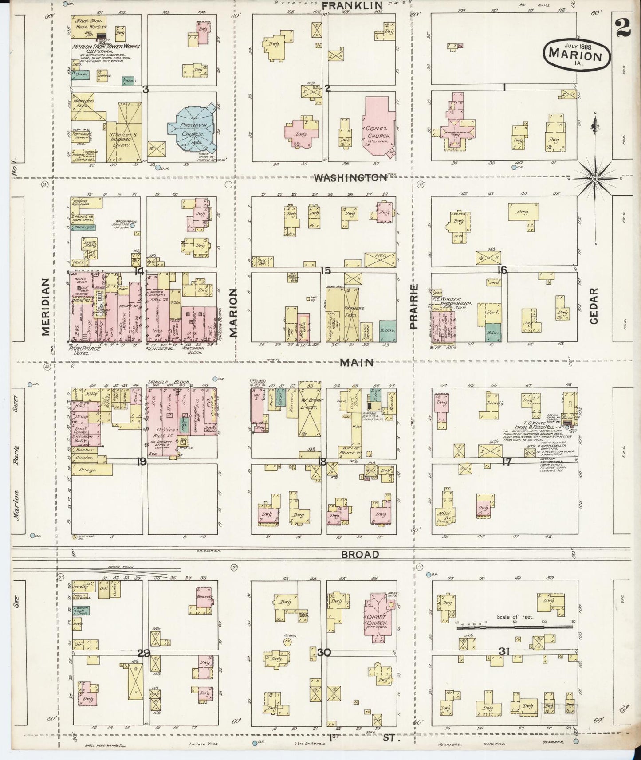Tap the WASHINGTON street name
coord(350,177)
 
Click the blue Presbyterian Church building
coord(192,129)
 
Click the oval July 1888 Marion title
coord(575,54)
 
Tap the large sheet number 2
coord(624,29)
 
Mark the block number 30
coord(324,652)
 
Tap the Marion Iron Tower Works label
coord(106,46)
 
